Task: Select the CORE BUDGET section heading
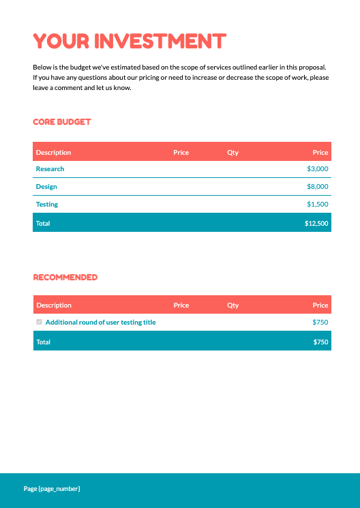62,122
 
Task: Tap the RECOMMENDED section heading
65,278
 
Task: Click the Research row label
50,169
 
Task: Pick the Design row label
46,187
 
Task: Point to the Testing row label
47,205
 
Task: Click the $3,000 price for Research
318,169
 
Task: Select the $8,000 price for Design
318,187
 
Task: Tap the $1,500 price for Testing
318,205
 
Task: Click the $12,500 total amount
316,224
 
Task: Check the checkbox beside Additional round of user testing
39,322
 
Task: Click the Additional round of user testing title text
100,323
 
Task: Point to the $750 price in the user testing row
320,323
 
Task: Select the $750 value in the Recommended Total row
320,342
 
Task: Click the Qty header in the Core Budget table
233,153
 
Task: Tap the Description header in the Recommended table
54,305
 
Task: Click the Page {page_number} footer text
52,489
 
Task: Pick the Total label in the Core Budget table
43,224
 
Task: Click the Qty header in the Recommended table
233,305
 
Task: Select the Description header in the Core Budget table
54,153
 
